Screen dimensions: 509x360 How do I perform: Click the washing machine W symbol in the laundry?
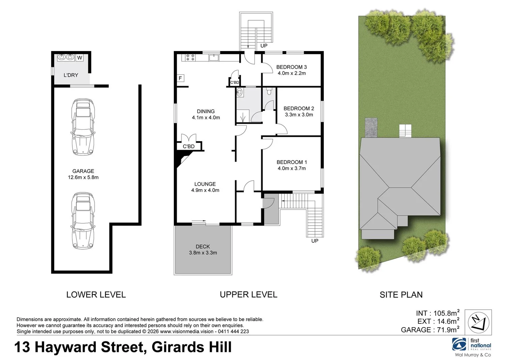pos(79,58)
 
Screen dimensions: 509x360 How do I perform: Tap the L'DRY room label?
pos(71,75)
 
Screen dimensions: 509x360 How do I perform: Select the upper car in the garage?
pos(83,127)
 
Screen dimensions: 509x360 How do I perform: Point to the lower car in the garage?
pos(83,221)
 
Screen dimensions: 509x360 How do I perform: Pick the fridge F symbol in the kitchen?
pos(180,78)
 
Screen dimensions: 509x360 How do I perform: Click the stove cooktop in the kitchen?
pos(190,57)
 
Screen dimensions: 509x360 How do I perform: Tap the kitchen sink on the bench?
pos(214,57)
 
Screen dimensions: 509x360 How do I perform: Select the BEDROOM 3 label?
pos(292,67)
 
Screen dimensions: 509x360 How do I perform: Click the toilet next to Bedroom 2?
pos(269,91)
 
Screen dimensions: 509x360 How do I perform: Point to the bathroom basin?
pos(240,92)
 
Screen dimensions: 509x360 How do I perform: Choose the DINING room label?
pos(206,111)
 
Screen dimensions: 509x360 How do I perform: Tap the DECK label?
pos(203,246)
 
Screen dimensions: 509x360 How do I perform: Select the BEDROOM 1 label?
pos(292,162)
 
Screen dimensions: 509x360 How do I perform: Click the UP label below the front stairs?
pos(315,241)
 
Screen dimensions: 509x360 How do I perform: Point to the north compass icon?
pos(478,322)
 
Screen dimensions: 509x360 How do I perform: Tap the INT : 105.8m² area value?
pos(438,313)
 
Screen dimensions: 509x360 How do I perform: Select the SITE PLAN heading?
pos(401,295)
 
